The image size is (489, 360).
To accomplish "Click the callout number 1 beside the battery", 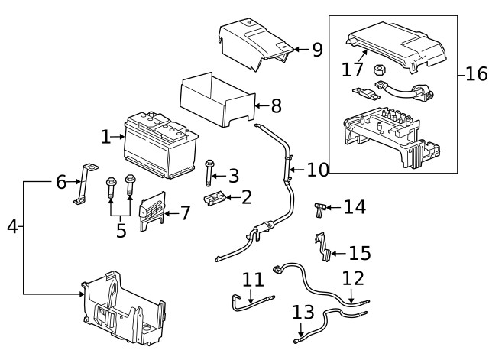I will point(105,137).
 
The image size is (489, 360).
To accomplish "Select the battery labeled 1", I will point(159,145).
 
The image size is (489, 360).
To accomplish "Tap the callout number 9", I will point(317,50).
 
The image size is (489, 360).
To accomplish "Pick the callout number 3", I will point(233,177).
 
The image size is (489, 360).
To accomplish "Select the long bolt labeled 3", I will point(209,177).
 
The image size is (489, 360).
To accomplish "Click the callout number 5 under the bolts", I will point(121,231).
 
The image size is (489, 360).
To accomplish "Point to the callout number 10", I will point(317,169).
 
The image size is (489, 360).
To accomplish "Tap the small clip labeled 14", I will point(321,207).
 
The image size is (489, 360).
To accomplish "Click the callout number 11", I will point(253,281).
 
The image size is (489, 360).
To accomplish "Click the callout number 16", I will point(475,75).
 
